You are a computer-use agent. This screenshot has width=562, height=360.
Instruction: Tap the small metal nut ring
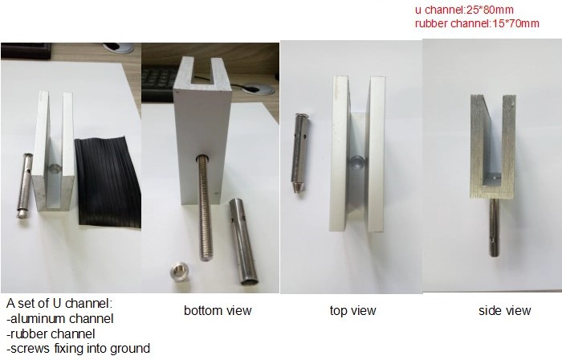178,272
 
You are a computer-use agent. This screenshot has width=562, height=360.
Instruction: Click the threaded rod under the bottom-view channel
204,207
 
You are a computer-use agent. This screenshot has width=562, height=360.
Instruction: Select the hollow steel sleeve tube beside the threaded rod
243,242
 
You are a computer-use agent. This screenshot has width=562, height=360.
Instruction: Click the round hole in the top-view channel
357,162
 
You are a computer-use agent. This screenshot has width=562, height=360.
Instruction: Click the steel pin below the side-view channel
494,227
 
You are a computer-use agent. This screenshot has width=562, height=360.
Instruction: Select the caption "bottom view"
218,310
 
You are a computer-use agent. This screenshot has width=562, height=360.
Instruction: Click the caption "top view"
352,310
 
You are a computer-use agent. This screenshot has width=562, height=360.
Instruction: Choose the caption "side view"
505,310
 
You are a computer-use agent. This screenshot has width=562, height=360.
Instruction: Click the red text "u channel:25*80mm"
464,10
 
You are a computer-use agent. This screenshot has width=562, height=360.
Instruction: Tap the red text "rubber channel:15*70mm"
477,23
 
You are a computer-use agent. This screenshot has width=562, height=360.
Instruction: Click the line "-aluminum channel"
60,318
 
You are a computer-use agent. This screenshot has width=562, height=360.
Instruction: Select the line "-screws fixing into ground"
78,348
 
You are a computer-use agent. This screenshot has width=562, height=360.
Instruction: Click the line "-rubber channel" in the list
51,333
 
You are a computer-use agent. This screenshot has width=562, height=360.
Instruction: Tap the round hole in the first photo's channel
55,167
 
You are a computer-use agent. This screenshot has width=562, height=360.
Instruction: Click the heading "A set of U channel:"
59,303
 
